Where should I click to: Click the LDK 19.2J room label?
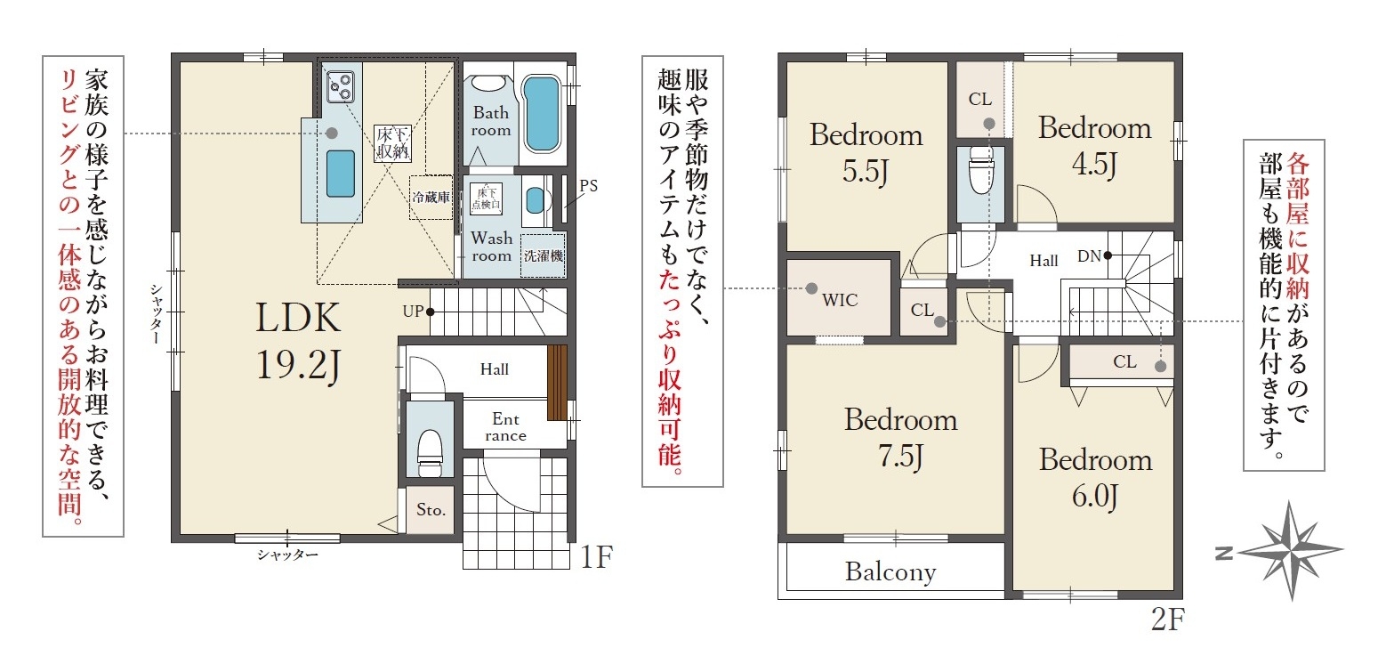coord(298,341)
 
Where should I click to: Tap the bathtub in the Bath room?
coord(541,114)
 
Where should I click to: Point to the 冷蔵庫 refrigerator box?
coord(431,197)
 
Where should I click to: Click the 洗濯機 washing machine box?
coord(543,255)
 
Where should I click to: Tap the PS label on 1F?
coord(588,186)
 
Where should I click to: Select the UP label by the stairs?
coord(413,311)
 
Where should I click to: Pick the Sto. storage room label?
coord(431,509)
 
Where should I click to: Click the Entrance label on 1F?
coord(505,426)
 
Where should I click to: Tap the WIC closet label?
coord(840,300)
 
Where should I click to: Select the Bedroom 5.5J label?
coord(866,153)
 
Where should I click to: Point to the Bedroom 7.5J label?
coord(900,438)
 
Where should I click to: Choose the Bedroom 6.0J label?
coord(1095,478)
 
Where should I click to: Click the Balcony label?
coord(890,571)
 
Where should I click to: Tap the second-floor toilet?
coord(980,170)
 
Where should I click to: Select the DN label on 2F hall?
coord(1089,256)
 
